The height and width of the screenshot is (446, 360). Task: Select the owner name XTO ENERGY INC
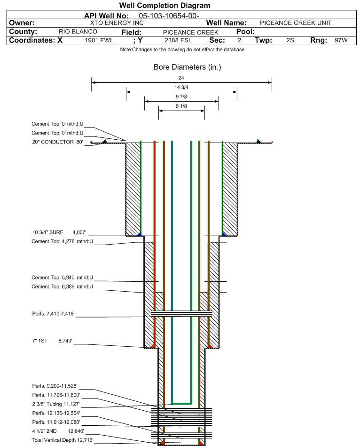pos(117,23)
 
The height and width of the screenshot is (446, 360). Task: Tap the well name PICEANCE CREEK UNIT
pos(296,23)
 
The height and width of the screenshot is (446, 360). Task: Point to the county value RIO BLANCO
pos(78,32)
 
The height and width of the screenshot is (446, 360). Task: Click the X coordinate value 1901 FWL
pos(99,40)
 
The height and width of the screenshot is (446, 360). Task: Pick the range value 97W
pos(341,40)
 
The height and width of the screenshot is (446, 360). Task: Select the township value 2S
pos(290,40)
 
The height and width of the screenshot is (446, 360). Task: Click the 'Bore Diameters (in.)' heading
pos(187,67)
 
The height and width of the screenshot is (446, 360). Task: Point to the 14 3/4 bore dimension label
pos(181,87)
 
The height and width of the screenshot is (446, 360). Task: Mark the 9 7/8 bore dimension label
pos(181,96)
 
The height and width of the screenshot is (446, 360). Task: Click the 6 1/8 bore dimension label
pos(181,106)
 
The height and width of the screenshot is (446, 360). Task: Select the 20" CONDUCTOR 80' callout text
pos(57,142)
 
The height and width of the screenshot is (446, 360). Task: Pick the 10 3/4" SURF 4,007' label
pos(59,232)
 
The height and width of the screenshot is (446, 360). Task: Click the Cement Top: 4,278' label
pos(62,241)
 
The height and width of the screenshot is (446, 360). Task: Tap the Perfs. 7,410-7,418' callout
pos(53,314)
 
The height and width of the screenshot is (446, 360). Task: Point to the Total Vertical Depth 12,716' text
pos(63,439)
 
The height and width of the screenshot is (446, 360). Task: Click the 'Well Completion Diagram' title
pos(165,6)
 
